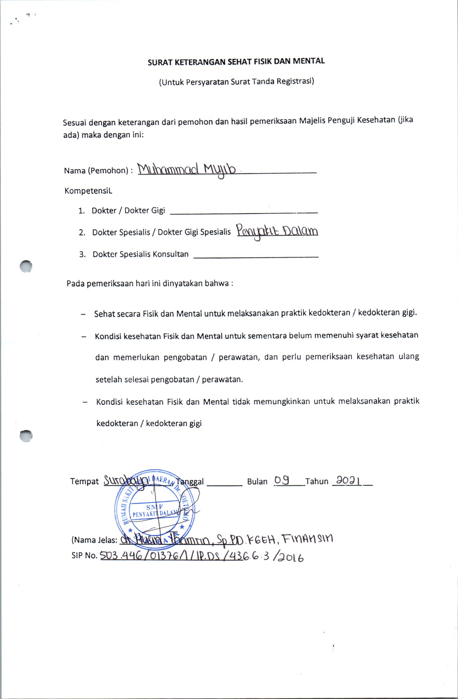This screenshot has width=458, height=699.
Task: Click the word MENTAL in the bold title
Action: pos(308,61)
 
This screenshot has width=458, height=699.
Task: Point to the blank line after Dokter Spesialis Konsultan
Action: pos(256,256)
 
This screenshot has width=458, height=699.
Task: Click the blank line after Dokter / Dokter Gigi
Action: pos(243,212)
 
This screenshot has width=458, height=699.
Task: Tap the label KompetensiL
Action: pos(88,191)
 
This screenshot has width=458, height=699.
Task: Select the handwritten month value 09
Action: pos(282,480)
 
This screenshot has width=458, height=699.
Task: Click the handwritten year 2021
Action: pos(348,480)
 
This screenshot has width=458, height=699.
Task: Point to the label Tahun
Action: pos(317,481)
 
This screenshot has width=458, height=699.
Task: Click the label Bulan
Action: pos(257,482)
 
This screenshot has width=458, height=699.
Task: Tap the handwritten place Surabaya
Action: pos(126,480)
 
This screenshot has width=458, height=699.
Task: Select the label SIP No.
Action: pos(84,556)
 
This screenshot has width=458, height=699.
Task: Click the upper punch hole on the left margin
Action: pos(26,266)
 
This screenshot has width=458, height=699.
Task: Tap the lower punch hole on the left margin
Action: pos(26,435)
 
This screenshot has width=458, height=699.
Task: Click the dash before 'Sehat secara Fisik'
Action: pos(83,314)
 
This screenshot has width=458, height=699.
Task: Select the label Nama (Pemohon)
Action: pos(96,171)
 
